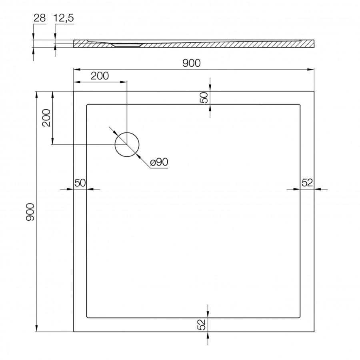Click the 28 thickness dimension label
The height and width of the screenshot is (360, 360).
(x=40, y=18)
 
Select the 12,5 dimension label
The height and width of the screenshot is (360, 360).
(x=64, y=18)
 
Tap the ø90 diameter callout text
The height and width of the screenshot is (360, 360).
(x=159, y=162)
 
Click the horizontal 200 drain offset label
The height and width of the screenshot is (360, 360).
(x=100, y=76)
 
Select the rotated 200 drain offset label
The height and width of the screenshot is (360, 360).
(x=46, y=118)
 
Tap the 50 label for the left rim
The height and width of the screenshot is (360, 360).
(x=80, y=183)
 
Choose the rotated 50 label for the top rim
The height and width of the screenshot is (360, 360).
(x=204, y=98)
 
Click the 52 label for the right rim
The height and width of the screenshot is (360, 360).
(x=307, y=183)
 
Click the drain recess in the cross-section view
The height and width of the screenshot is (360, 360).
(x=127, y=45)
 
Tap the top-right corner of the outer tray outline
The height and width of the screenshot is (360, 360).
(x=314, y=92)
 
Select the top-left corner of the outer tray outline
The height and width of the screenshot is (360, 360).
(x=74, y=92)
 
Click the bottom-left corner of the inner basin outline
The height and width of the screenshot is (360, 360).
(x=87, y=318)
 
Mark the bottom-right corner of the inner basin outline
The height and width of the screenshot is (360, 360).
(x=300, y=318)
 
